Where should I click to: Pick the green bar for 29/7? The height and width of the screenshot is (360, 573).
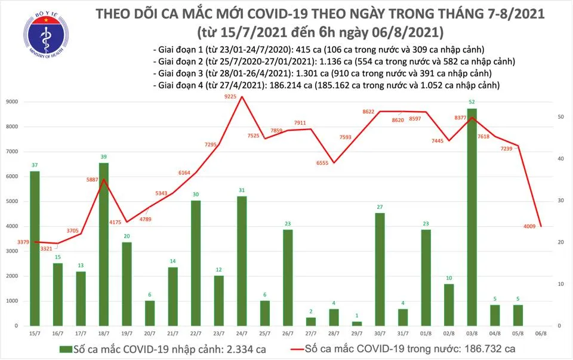click(x=356, y=323)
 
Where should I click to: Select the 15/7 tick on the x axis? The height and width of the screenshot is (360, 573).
click(x=34, y=332)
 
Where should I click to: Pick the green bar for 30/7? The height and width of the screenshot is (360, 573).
click(x=380, y=269)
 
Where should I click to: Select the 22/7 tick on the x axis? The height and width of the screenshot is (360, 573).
click(x=195, y=332)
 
